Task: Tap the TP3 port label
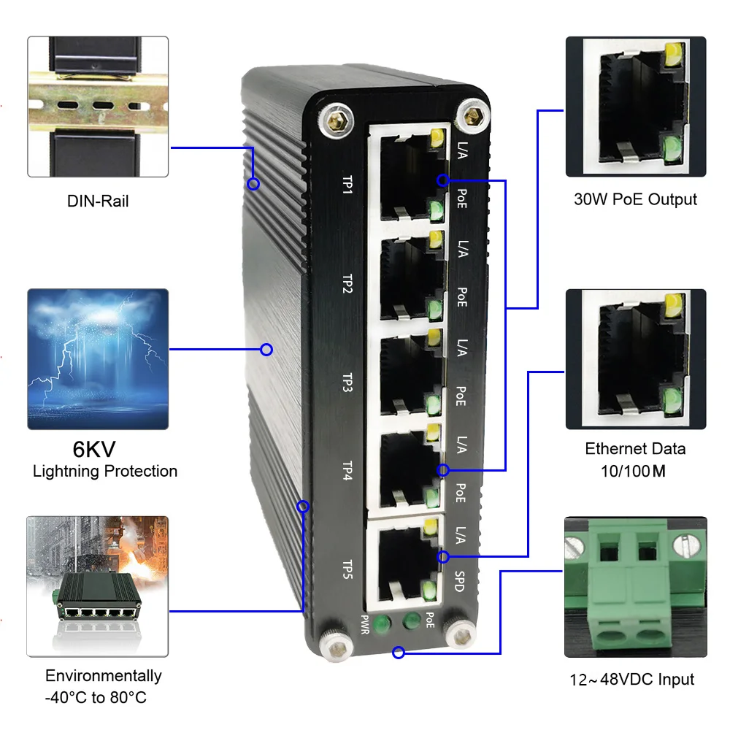[347, 382]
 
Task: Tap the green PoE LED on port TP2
[436, 307]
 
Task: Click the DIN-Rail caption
[98, 200]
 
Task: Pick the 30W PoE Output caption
[635, 199]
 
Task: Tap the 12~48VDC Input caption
[632, 680]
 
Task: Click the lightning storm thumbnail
[98, 358]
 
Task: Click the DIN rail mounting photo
[98, 107]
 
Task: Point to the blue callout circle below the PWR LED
[398, 653]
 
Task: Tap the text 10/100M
[636, 472]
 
